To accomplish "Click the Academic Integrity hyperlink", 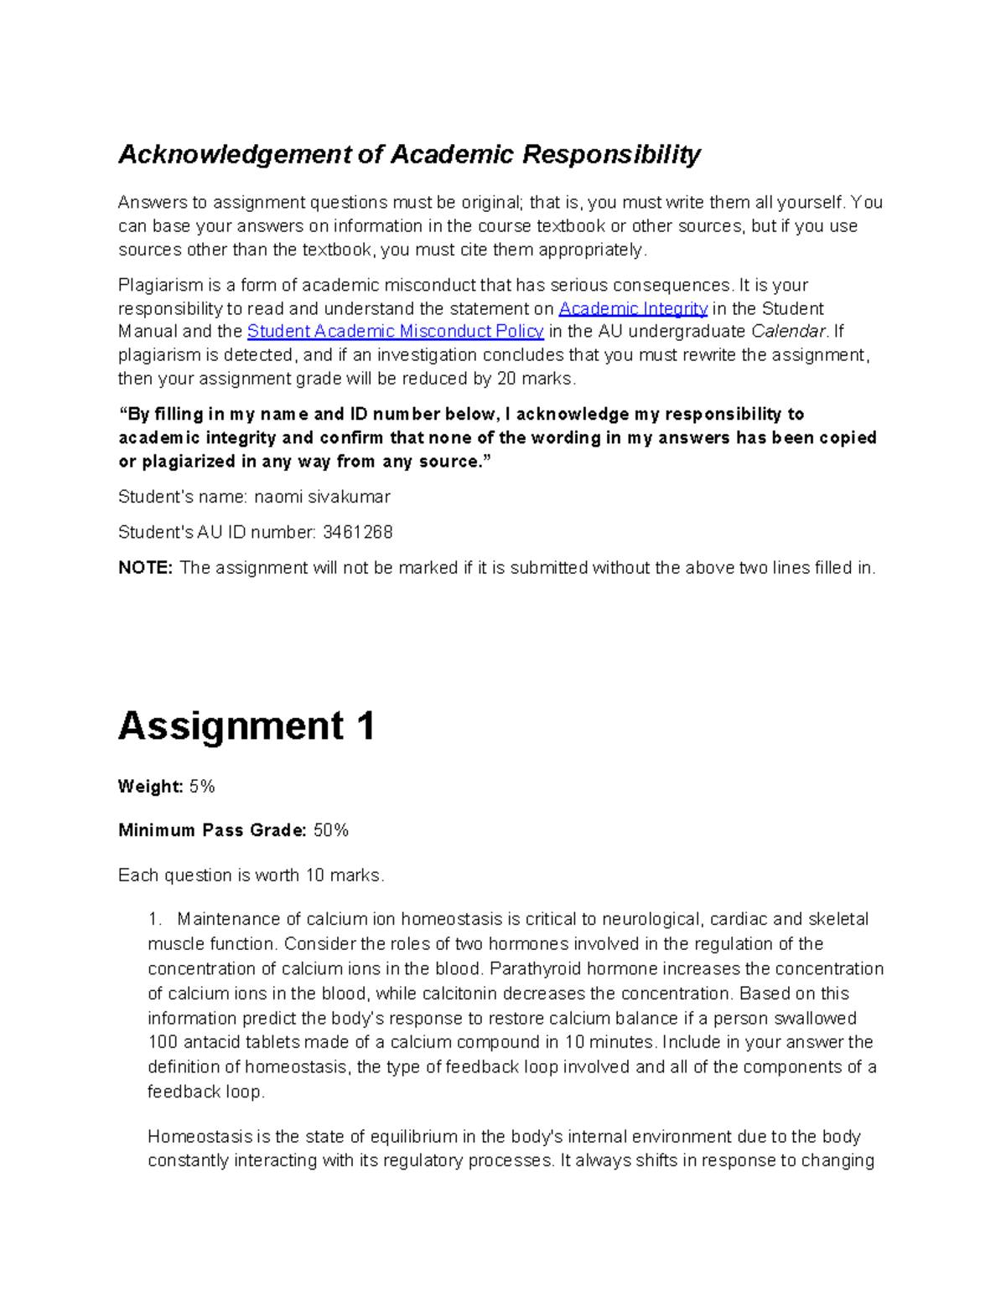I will click(633, 308).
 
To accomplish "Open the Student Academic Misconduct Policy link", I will click(396, 331).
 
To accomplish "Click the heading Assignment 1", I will click(246, 725).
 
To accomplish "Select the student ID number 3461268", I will click(357, 532).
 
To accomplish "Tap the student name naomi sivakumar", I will click(322, 497).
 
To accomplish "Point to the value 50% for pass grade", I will click(331, 830).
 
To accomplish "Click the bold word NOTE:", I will click(145, 568).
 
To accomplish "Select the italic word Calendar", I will click(788, 331).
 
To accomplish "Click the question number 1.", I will click(154, 919).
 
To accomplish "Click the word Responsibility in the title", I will click(611, 154).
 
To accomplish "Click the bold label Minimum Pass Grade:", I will click(212, 830).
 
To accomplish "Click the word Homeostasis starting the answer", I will click(200, 1137).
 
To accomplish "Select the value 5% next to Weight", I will click(202, 787).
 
